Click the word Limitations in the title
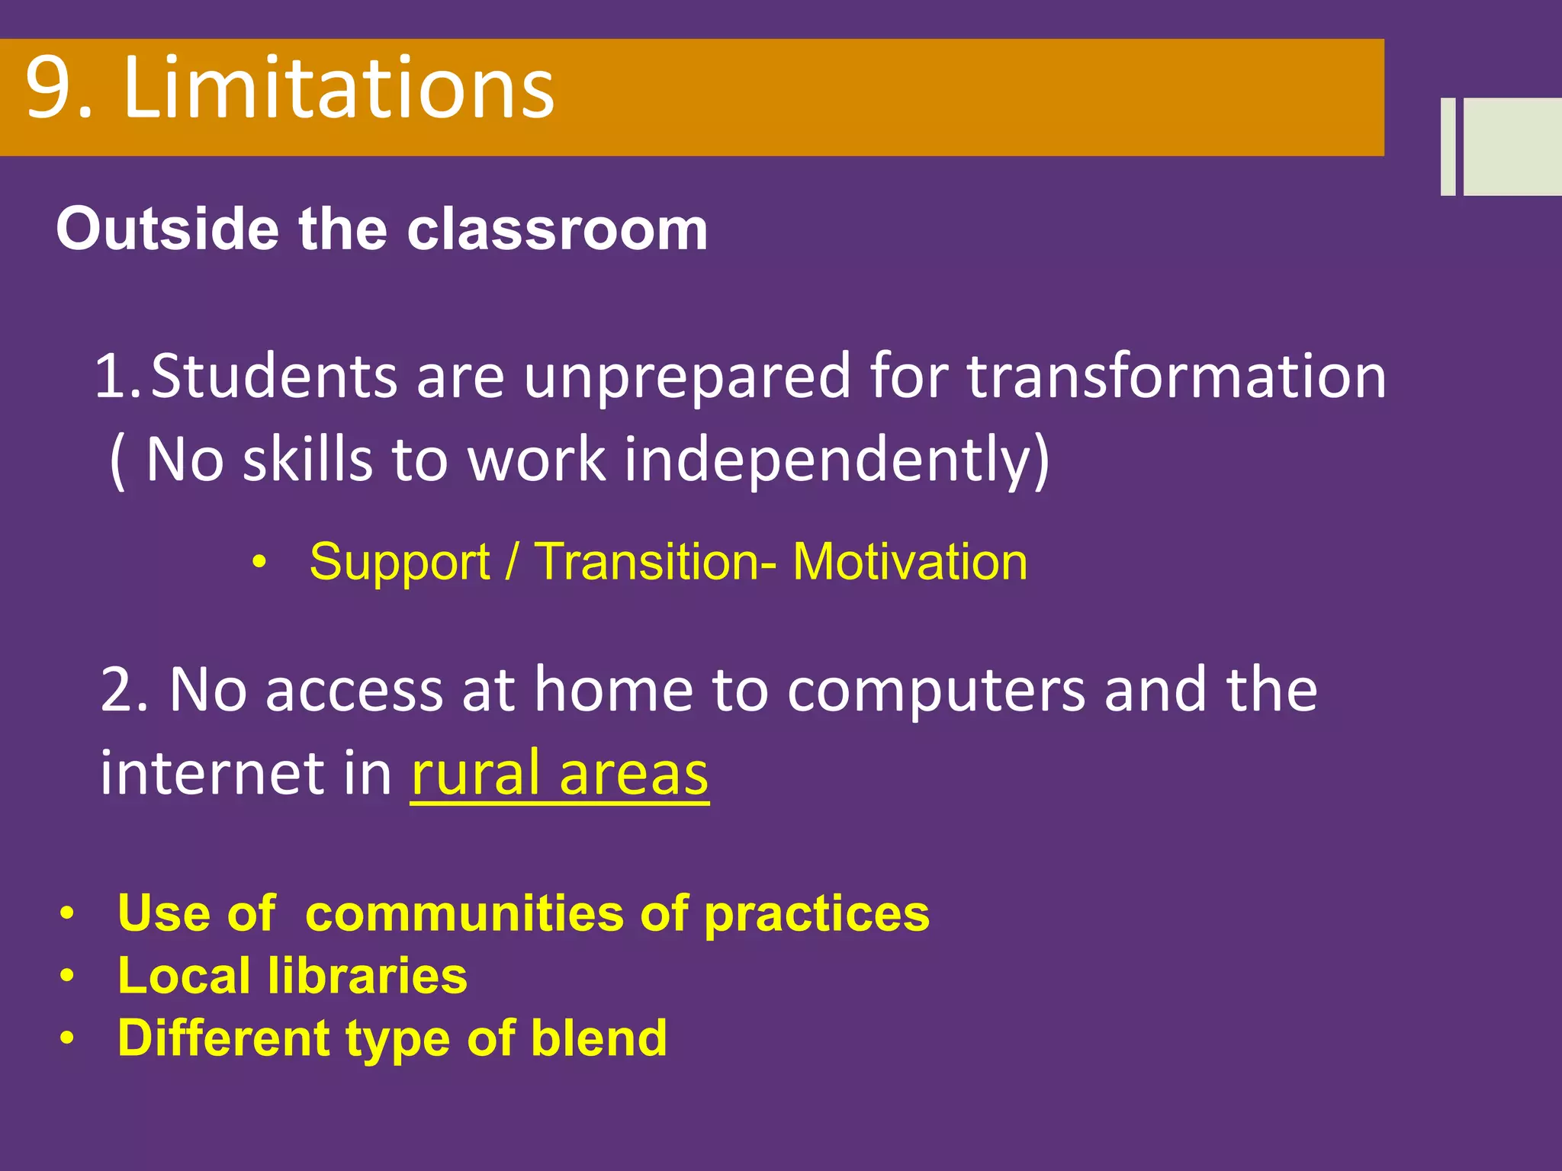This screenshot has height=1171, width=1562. click(339, 89)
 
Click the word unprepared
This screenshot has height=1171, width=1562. click(686, 377)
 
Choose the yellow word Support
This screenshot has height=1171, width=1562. click(400, 563)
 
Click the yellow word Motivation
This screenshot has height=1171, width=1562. click(910, 562)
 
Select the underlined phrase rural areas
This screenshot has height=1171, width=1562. click(560, 775)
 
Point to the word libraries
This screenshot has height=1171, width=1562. click(367, 976)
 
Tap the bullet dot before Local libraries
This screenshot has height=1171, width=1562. click(68, 976)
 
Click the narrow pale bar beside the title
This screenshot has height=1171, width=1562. click(1448, 146)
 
